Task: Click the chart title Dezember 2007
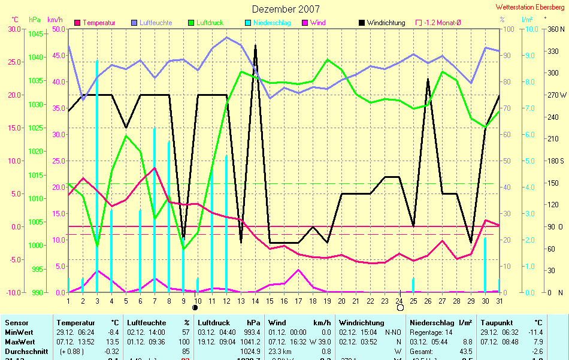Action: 286,9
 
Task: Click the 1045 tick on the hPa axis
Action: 36,34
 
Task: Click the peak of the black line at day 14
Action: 255,45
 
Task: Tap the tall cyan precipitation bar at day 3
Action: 97,180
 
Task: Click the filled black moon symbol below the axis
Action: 195,307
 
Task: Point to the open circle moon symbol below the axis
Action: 400,308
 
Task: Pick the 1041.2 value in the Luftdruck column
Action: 250,341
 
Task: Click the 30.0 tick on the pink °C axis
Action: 13,29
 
